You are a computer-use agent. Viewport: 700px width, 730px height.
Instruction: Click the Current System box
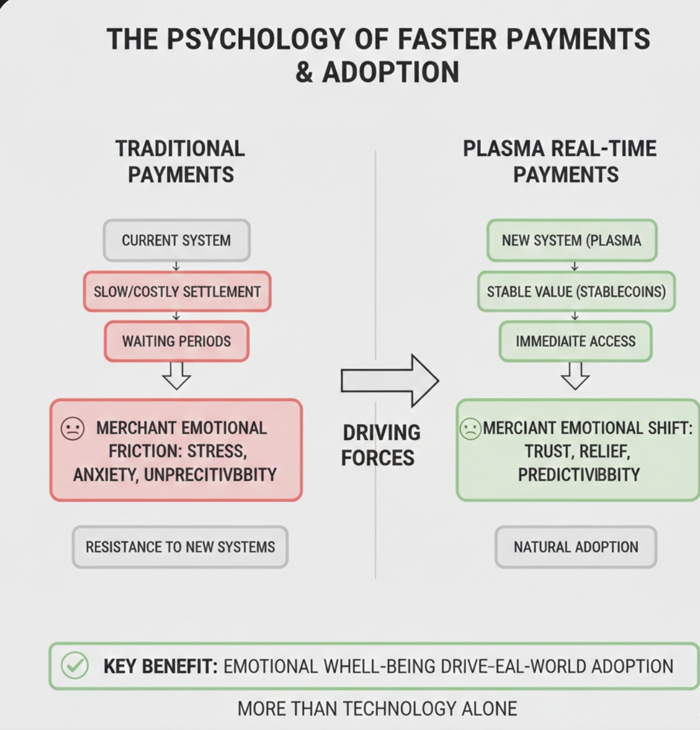tap(176, 240)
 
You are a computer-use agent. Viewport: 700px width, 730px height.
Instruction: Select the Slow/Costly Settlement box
tap(177, 291)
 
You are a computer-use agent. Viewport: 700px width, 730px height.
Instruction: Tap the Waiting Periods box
tap(176, 341)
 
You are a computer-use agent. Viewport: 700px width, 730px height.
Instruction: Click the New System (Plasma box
tap(572, 240)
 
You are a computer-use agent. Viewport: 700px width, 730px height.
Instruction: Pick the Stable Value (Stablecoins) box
tap(576, 291)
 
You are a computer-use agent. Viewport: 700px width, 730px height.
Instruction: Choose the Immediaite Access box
tap(575, 341)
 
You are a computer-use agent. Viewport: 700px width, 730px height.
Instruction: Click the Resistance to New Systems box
tap(180, 547)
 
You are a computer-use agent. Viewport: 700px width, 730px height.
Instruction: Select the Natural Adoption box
tap(576, 547)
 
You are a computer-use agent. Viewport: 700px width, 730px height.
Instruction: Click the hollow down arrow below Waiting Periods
tap(176, 376)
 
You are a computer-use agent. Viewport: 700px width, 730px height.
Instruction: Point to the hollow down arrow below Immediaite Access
tap(575, 376)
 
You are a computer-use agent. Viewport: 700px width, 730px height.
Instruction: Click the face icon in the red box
tap(72, 429)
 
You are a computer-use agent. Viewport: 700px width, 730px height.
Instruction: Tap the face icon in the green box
tap(470, 429)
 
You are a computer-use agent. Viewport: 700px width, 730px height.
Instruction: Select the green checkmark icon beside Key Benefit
tap(75, 666)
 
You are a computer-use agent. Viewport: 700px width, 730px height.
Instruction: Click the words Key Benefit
tap(160, 666)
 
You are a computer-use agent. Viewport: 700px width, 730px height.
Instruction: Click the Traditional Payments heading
tap(180, 161)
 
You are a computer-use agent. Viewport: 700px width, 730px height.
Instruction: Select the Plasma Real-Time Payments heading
tap(560, 161)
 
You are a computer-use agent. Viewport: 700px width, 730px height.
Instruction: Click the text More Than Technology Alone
tap(377, 709)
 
